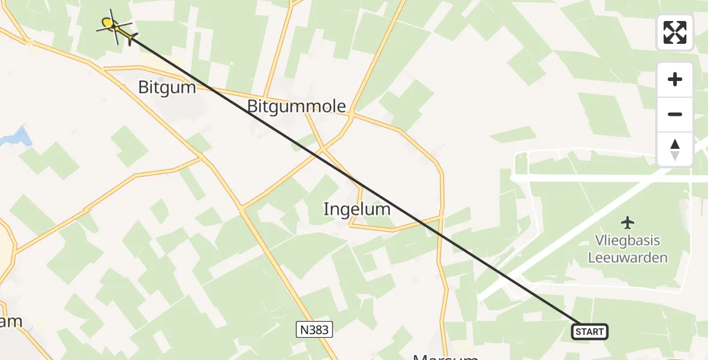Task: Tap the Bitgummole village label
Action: point(296,107)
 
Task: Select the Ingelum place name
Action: point(356,209)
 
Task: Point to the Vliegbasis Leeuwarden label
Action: point(628,249)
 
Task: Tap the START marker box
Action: point(590,331)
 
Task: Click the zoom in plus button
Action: point(675,80)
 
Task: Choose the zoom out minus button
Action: point(675,115)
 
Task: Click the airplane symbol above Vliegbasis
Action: point(628,223)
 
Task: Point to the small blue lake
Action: point(16,137)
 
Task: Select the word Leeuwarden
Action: point(628,257)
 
